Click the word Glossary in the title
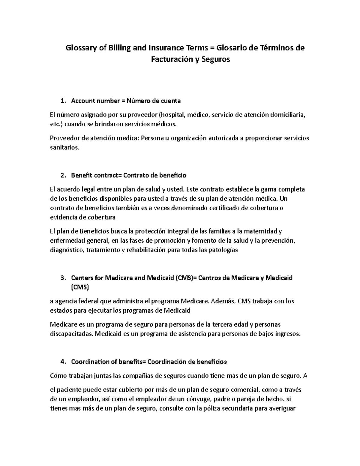pyautogui.click(x=78, y=48)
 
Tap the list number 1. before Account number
pyautogui.click(x=63, y=101)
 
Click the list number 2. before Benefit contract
pyautogui.click(x=63, y=175)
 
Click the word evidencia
pyautogui.click(x=62, y=217)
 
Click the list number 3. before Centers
pyautogui.click(x=63, y=278)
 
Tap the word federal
pyautogui.click(x=89, y=301)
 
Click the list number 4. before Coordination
pyautogui.click(x=63, y=362)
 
